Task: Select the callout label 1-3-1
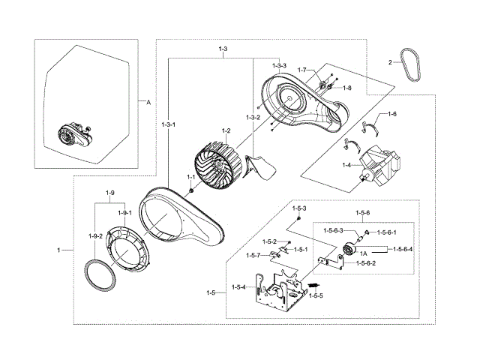169,124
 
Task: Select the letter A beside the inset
147,101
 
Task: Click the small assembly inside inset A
72,137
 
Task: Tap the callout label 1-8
347,88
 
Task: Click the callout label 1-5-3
299,208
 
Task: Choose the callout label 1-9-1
124,212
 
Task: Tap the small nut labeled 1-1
190,190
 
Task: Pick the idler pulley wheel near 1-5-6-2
348,250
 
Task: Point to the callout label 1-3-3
279,66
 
